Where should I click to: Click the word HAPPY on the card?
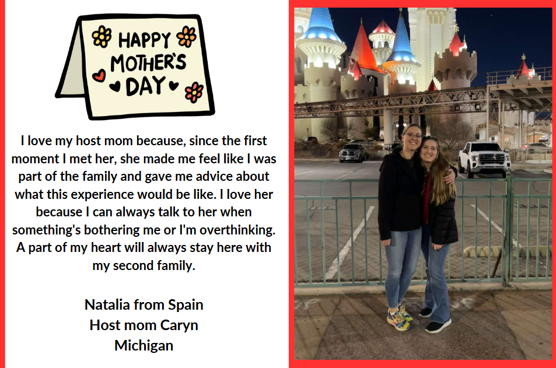click(x=144, y=40)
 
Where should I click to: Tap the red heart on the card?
click(x=99, y=75)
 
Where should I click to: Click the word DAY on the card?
click(x=145, y=86)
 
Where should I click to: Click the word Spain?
click(x=186, y=304)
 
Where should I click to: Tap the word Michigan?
click(x=144, y=345)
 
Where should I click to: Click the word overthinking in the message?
click(x=237, y=230)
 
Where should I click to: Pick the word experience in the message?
click(x=102, y=195)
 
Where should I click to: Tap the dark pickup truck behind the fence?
click(x=352, y=152)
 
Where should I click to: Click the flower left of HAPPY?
click(x=102, y=36)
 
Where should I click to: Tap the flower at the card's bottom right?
click(x=194, y=93)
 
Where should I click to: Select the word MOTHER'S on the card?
click(x=148, y=63)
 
